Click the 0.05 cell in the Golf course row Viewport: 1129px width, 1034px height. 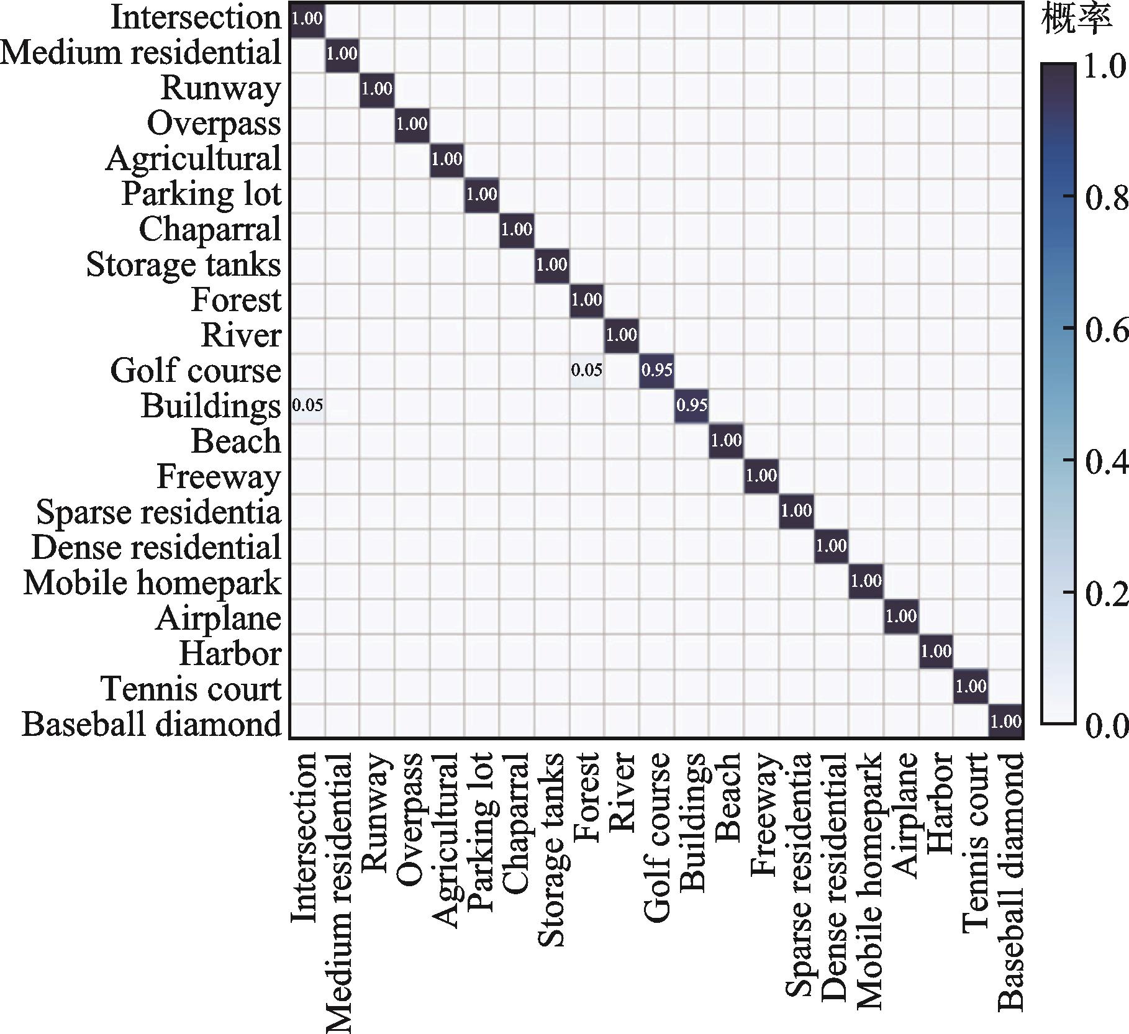point(586,371)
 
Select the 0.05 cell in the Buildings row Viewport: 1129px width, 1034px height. point(307,406)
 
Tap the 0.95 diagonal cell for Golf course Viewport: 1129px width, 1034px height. point(656,371)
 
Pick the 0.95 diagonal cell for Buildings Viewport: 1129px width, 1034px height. point(691,406)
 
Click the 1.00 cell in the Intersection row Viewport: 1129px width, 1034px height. point(307,19)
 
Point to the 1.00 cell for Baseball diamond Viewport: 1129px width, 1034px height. point(1005,722)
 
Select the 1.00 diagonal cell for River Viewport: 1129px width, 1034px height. point(621,335)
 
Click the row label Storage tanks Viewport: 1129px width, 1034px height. point(183,265)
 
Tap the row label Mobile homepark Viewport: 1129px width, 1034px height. point(152,583)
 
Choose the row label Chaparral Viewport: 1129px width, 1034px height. point(210,229)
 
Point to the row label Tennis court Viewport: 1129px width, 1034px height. point(191,689)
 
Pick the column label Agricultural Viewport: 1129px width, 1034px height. point(445,840)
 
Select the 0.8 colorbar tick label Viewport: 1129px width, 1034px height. point(1105,197)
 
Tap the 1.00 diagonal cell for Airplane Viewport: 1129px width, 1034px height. point(900,617)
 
